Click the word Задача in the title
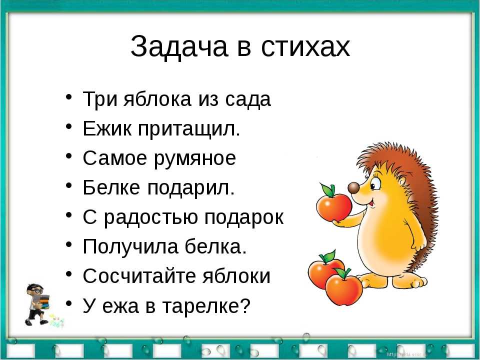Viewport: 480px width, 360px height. [x=179, y=47]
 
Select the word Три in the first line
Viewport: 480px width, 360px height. [x=100, y=99]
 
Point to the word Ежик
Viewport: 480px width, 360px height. [x=107, y=128]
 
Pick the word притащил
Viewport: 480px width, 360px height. [x=188, y=129]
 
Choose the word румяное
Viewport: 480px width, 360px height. [x=194, y=159]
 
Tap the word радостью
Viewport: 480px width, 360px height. [x=151, y=218]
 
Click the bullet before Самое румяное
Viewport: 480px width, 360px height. [x=69, y=155]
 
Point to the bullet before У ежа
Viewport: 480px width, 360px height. [x=69, y=303]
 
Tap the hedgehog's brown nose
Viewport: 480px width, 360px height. [x=353, y=187]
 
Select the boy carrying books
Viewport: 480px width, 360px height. [x=36, y=304]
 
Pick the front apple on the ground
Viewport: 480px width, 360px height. [x=344, y=288]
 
